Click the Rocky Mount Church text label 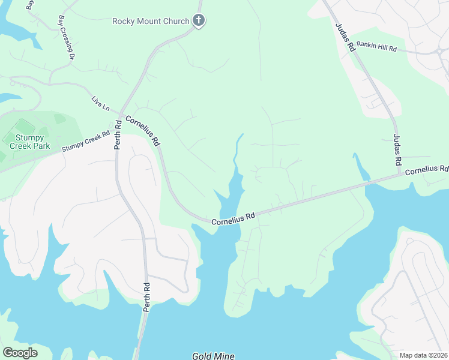click(151, 21)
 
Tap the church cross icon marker click(199, 21)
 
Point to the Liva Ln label click(101, 103)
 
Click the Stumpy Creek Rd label click(86, 142)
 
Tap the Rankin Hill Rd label click(376, 47)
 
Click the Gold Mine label click(212, 356)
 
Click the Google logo click(20, 353)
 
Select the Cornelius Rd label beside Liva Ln click(143, 131)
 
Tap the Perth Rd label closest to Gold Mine click(146, 298)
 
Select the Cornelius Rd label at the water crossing click(234, 218)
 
